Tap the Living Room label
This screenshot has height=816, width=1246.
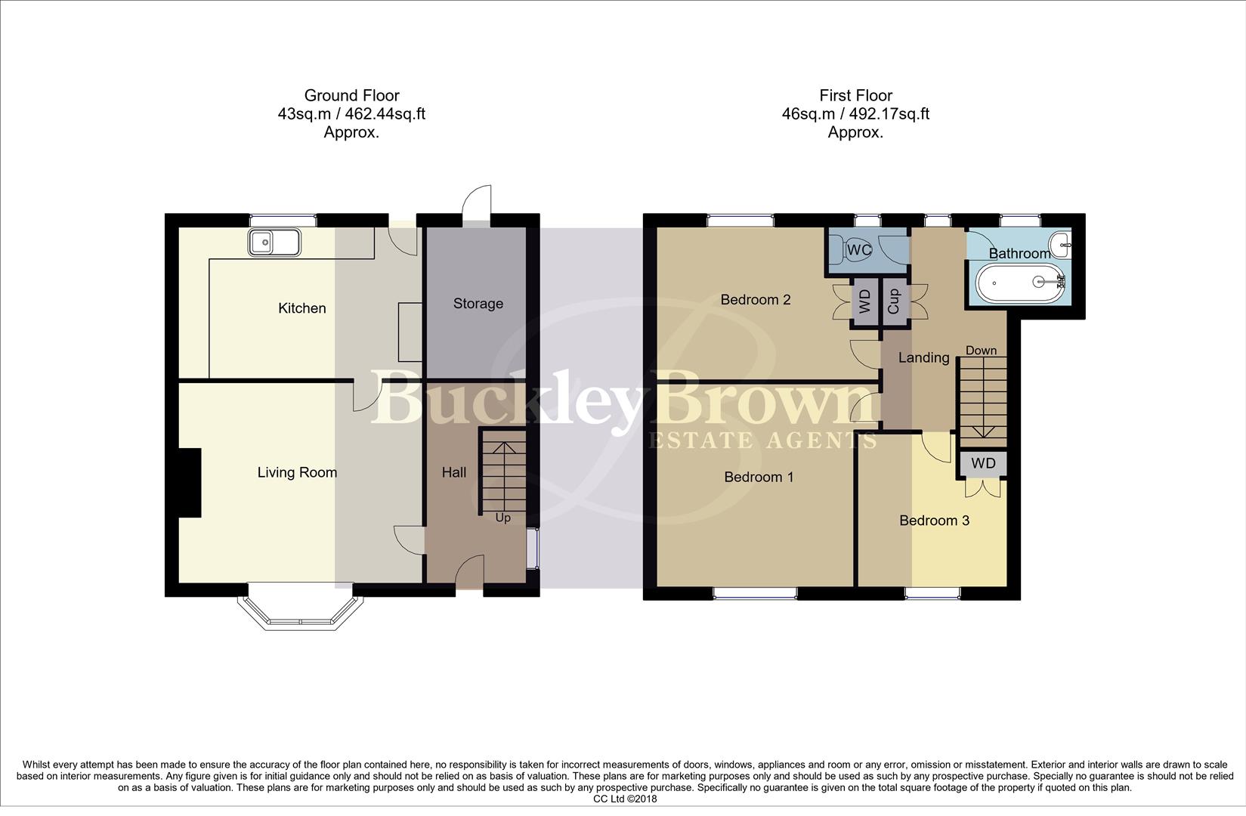(297, 473)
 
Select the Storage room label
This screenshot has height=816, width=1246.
(478, 304)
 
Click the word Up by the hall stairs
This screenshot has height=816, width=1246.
(502, 518)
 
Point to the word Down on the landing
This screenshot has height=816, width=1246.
(981, 351)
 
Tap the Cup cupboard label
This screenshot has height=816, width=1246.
(894, 301)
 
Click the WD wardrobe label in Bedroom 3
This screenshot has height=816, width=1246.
(983, 463)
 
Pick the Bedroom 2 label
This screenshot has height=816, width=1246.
(755, 300)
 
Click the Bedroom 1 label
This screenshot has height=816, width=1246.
(759, 477)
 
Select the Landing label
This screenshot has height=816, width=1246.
(923, 358)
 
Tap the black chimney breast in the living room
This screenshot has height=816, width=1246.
(189, 482)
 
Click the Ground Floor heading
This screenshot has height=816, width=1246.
(351, 95)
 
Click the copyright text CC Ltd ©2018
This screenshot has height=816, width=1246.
(624, 799)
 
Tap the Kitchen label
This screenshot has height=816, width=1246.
(301, 308)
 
